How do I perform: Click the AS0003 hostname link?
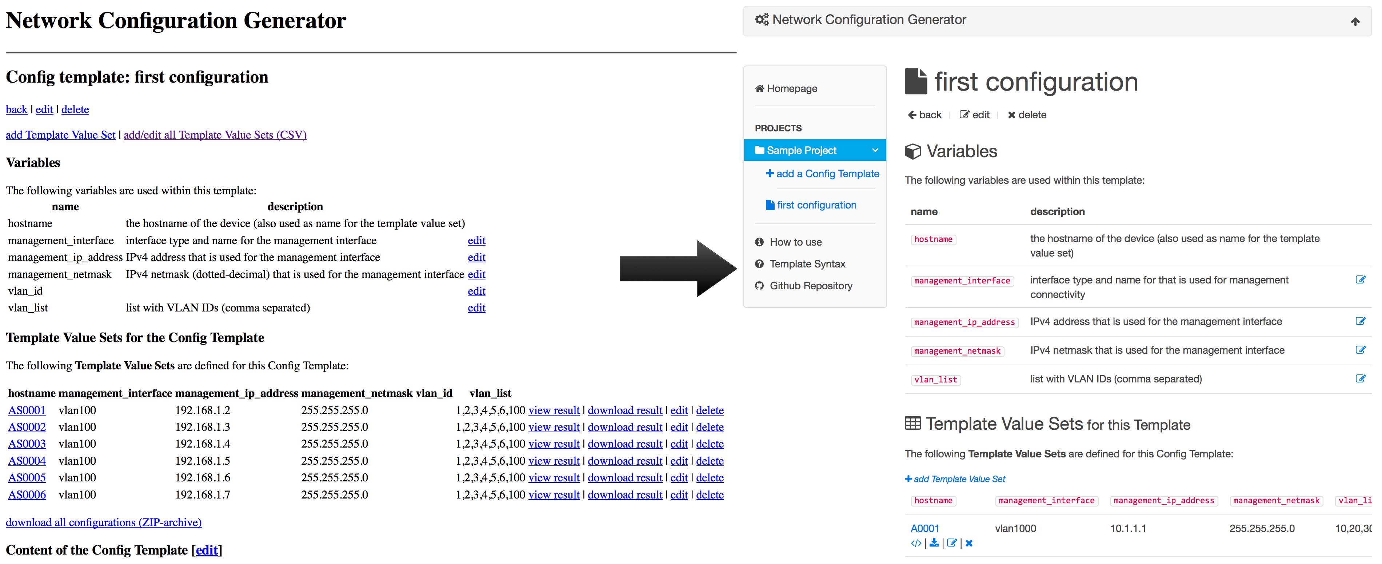[x=27, y=444]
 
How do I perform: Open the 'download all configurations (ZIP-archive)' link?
[x=104, y=522]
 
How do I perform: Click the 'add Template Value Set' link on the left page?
[x=61, y=135]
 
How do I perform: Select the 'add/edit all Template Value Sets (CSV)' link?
[x=215, y=135]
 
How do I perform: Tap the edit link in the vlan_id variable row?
[x=476, y=291]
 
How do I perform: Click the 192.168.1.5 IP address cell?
[x=203, y=461]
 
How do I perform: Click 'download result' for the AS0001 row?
[x=625, y=410]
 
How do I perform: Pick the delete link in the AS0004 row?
[x=710, y=461]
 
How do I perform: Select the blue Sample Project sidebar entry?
[x=815, y=150]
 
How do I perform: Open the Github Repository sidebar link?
[x=804, y=286]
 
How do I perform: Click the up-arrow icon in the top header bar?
[x=1355, y=21]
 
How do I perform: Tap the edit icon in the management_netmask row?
[x=1360, y=350]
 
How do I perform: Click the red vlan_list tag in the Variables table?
[x=936, y=380]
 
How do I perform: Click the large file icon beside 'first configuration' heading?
[x=916, y=81]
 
